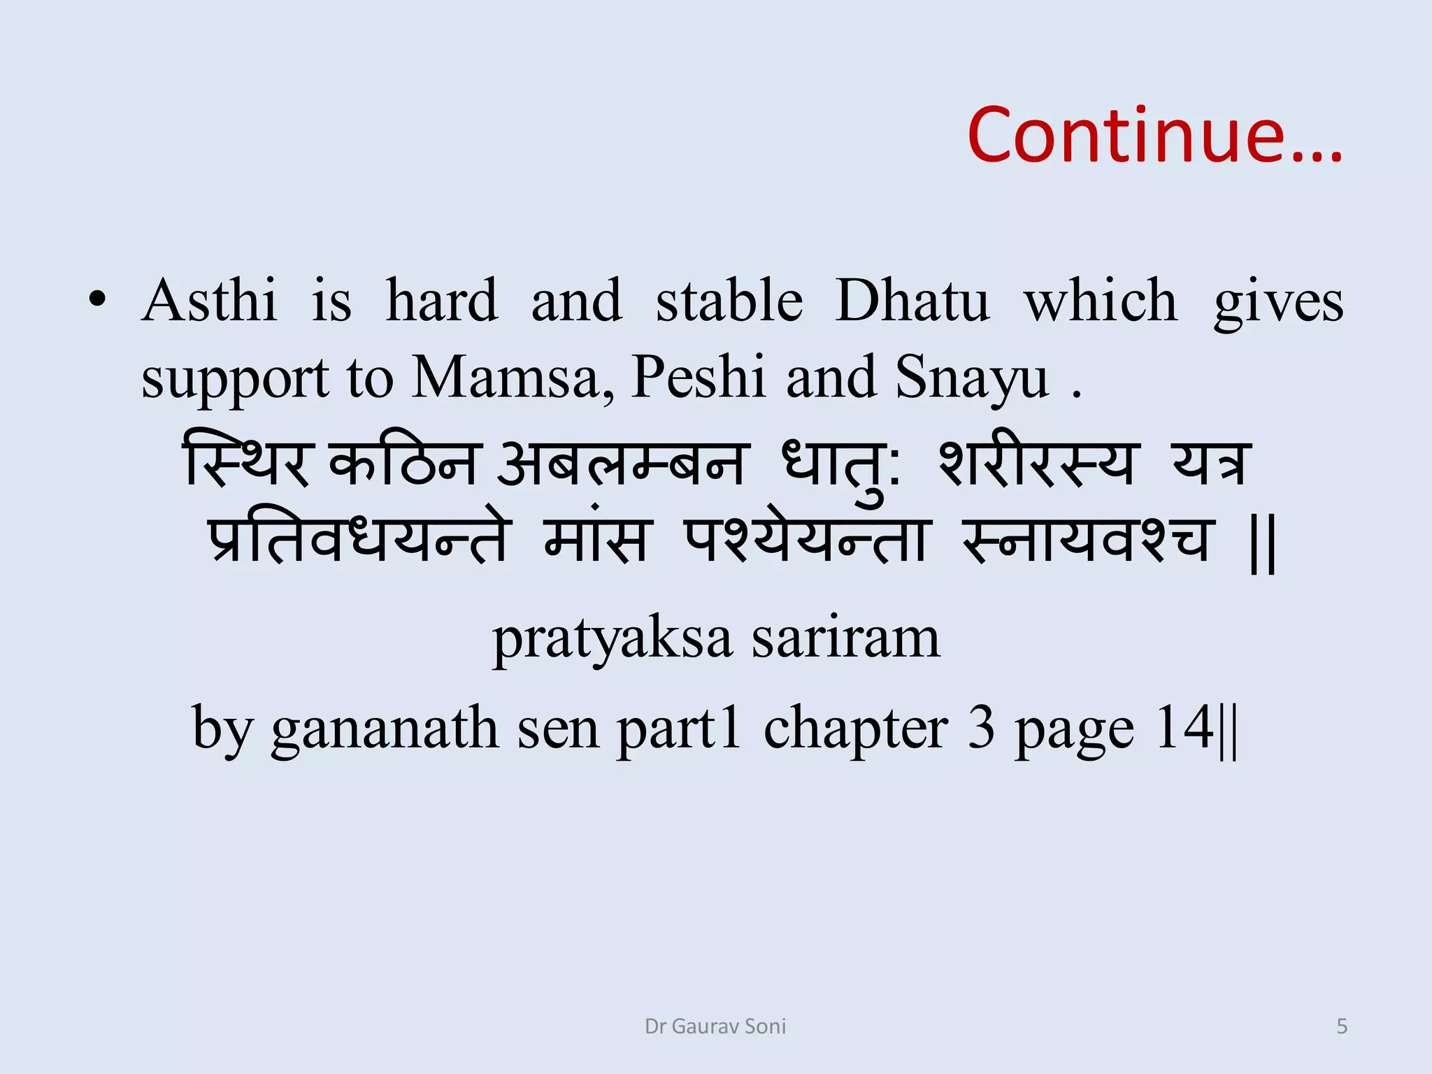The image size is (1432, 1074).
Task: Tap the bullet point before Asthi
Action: point(97,300)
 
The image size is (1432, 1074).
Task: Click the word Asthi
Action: point(209,301)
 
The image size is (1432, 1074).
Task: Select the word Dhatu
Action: point(912,301)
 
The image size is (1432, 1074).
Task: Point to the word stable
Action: point(729,301)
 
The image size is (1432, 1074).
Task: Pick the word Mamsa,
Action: point(513,378)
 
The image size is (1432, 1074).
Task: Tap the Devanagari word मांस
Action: point(596,538)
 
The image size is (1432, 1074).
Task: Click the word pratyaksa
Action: point(613,639)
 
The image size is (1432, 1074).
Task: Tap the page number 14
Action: point(1184,727)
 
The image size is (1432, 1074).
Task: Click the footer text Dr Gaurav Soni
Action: point(715,1026)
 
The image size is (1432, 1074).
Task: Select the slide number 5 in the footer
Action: point(1342,1026)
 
